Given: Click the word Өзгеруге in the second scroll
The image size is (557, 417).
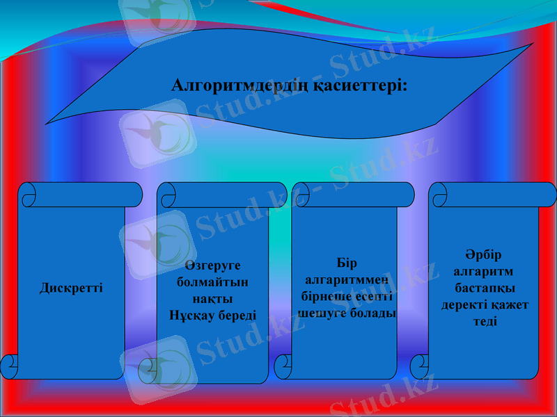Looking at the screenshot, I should (x=212, y=265).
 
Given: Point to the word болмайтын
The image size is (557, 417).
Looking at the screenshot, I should (x=212, y=282).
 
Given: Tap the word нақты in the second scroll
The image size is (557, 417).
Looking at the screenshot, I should (x=212, y=299).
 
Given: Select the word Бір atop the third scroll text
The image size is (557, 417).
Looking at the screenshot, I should (x=346, y=263).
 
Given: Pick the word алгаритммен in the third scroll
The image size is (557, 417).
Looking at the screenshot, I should (x=346, y=280).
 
